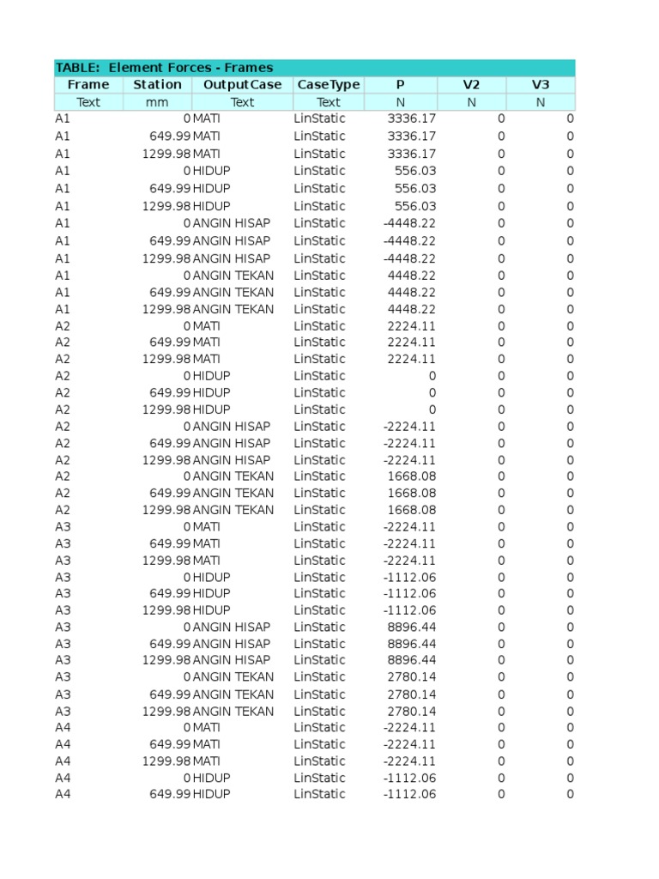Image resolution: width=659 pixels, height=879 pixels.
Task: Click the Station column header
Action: [x=157, y=84]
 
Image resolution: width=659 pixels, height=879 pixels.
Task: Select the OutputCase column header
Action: [x=242, y=84]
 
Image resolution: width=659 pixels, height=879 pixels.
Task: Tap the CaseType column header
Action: [x=328, y=84]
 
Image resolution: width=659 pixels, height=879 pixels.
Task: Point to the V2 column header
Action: [x=471, y=84]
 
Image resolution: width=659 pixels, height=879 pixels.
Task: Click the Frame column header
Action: [x=88, y=84]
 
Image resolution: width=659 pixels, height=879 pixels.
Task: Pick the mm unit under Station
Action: [x=157, y=102]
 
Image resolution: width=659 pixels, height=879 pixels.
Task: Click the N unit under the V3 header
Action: [x=540, y=102]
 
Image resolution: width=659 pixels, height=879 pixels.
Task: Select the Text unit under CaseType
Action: [x=328, y=102]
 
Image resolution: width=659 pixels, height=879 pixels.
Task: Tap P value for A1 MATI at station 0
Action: [x=412, y=118]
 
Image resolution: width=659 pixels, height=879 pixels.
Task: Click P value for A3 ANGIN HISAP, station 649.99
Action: [x=412, y=644]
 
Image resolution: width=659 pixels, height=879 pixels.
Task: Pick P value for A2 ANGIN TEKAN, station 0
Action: [x=412, y=476]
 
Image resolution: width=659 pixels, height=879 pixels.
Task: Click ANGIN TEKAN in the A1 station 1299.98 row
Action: [x=233, y=309]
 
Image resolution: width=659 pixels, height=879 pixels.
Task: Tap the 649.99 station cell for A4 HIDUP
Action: [x=170, y=794]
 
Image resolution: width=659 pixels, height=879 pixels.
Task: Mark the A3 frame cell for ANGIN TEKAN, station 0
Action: [x=63, y=677]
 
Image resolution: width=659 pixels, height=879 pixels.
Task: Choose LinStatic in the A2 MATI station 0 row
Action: [x=319, y=326]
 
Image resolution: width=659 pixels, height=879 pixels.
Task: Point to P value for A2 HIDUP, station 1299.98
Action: [x=432, y=409]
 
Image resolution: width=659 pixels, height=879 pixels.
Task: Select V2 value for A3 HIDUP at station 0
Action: [x=501, y=577]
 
